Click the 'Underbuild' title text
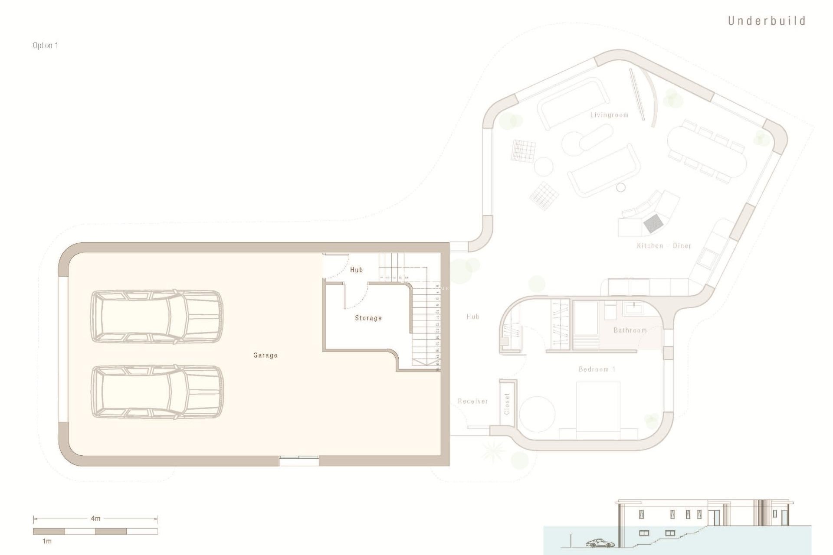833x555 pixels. click(767, 21)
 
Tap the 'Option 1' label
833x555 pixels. click(45, 46)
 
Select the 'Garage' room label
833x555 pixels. click(265, 355)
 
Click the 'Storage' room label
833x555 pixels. click(368, 318)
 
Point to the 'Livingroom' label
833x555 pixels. click(609, 115)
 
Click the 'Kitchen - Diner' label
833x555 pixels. click(664, 246)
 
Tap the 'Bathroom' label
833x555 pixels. click(630, 330)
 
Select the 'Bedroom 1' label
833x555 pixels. click(597, 369)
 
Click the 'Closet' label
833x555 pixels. click(507, 404)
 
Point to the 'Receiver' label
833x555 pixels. click(473, 402)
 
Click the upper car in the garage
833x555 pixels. click(157, 317)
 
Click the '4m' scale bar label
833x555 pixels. click(95, 518)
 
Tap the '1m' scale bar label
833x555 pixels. click(46, 541)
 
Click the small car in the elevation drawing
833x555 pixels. click(600, 543)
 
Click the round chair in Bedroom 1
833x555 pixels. click(537, 414)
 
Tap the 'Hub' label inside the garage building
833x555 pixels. click(356, 270)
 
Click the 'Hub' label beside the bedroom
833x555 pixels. click(473, 317)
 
